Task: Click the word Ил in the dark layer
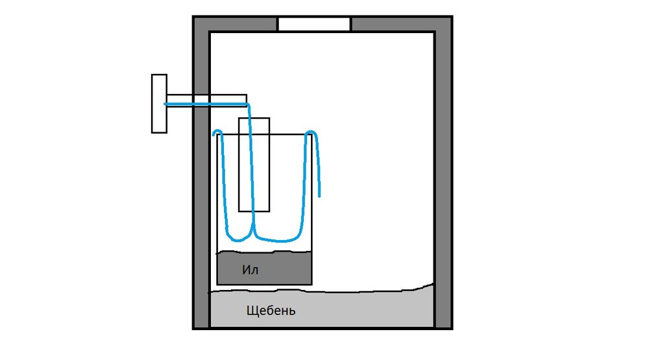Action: click(251, 269)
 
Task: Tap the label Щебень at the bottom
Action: click(271, 311)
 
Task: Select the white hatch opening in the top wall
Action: click(314, 24)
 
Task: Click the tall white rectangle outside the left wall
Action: click(159, 104)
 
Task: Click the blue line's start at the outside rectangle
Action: click(165, 104)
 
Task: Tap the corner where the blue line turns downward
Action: click(248, 104)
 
